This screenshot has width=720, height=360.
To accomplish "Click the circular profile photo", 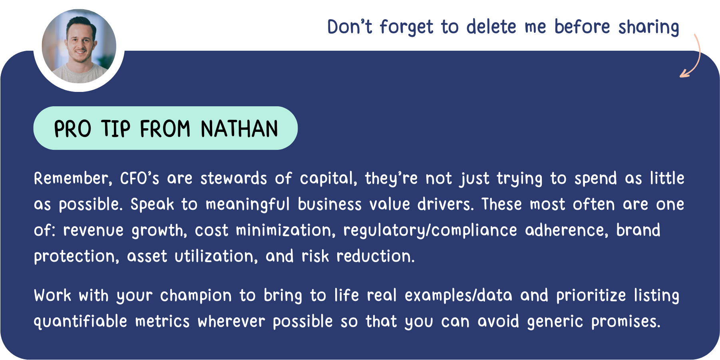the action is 79,46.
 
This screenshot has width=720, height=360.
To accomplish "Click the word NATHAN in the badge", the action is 239,129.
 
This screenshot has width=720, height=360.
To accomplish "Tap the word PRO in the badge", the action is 73,129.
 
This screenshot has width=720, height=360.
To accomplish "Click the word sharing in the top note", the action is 649,27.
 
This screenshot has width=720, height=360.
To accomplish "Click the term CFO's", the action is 139,178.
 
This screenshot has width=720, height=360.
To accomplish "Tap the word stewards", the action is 234,178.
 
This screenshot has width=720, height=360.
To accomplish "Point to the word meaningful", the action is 247,205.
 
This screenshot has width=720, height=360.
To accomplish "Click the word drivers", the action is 446,204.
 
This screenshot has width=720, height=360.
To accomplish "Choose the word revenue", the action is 93,231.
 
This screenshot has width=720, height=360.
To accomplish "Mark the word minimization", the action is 286,230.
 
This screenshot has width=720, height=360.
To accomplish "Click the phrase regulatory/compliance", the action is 430,231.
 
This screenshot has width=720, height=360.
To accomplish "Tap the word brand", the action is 638,230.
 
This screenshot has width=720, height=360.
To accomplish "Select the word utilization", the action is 216,256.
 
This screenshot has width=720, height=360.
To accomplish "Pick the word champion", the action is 196,296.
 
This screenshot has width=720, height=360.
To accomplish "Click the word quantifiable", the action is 80,322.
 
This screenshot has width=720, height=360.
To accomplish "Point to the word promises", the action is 626,322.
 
